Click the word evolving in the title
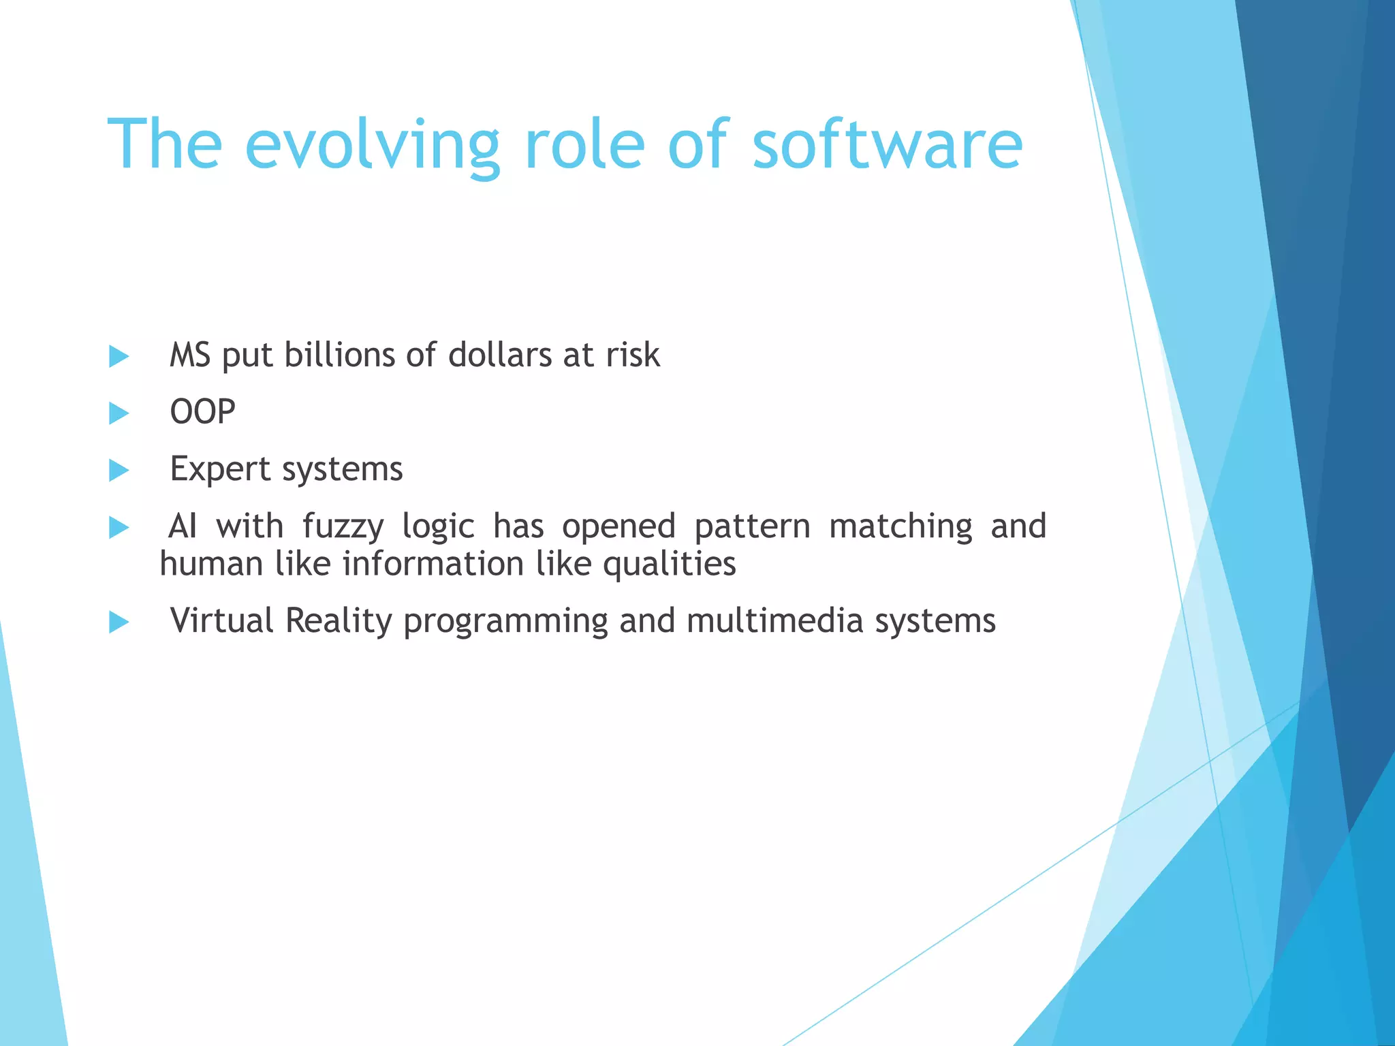pos(371,145)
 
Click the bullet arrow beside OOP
pos(119,413)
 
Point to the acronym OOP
pos(202,412)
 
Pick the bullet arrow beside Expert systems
pos(119,470)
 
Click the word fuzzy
pos(343,527)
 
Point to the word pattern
pos(752,527)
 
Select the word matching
pos(900,527)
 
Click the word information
pos(433,564)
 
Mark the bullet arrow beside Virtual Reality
pos(119,622)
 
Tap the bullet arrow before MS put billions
pos(119,356)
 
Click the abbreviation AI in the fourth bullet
pos(183,526)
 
